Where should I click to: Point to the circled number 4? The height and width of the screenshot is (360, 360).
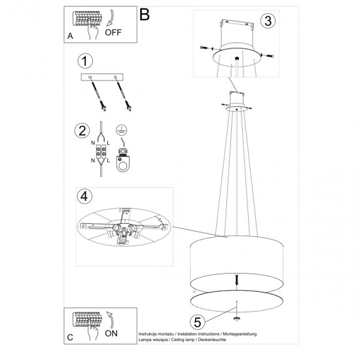coord(82,196)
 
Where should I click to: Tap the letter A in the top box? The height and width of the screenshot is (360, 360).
coord(69,37)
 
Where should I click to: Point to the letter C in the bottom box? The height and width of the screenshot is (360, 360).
coord(69,338)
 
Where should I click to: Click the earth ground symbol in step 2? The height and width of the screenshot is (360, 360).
coord(121,128)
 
